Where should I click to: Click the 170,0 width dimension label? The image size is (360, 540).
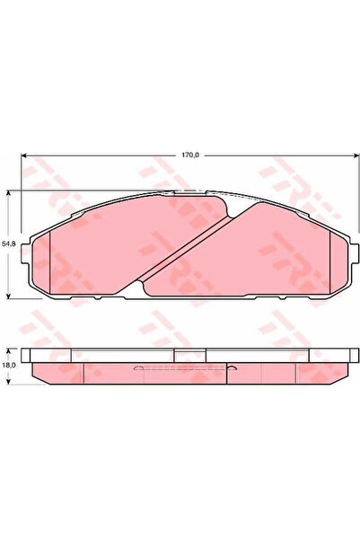point(190,155)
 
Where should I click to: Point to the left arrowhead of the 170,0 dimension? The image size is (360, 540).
point(24,155)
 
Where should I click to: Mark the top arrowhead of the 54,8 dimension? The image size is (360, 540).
point(9,193)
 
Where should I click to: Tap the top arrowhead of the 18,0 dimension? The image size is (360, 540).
point(9,351)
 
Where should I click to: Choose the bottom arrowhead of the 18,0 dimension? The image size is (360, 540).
point(9,381)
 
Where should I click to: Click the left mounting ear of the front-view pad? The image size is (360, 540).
point(26,253)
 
